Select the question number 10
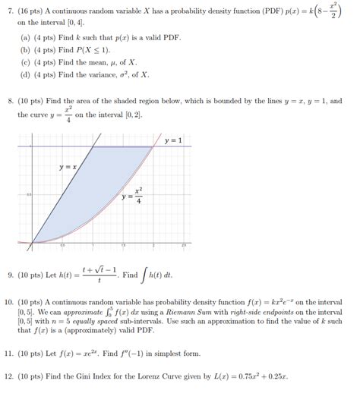[8, 303]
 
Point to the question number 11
[8, 354]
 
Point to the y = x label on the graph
[68, 166]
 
